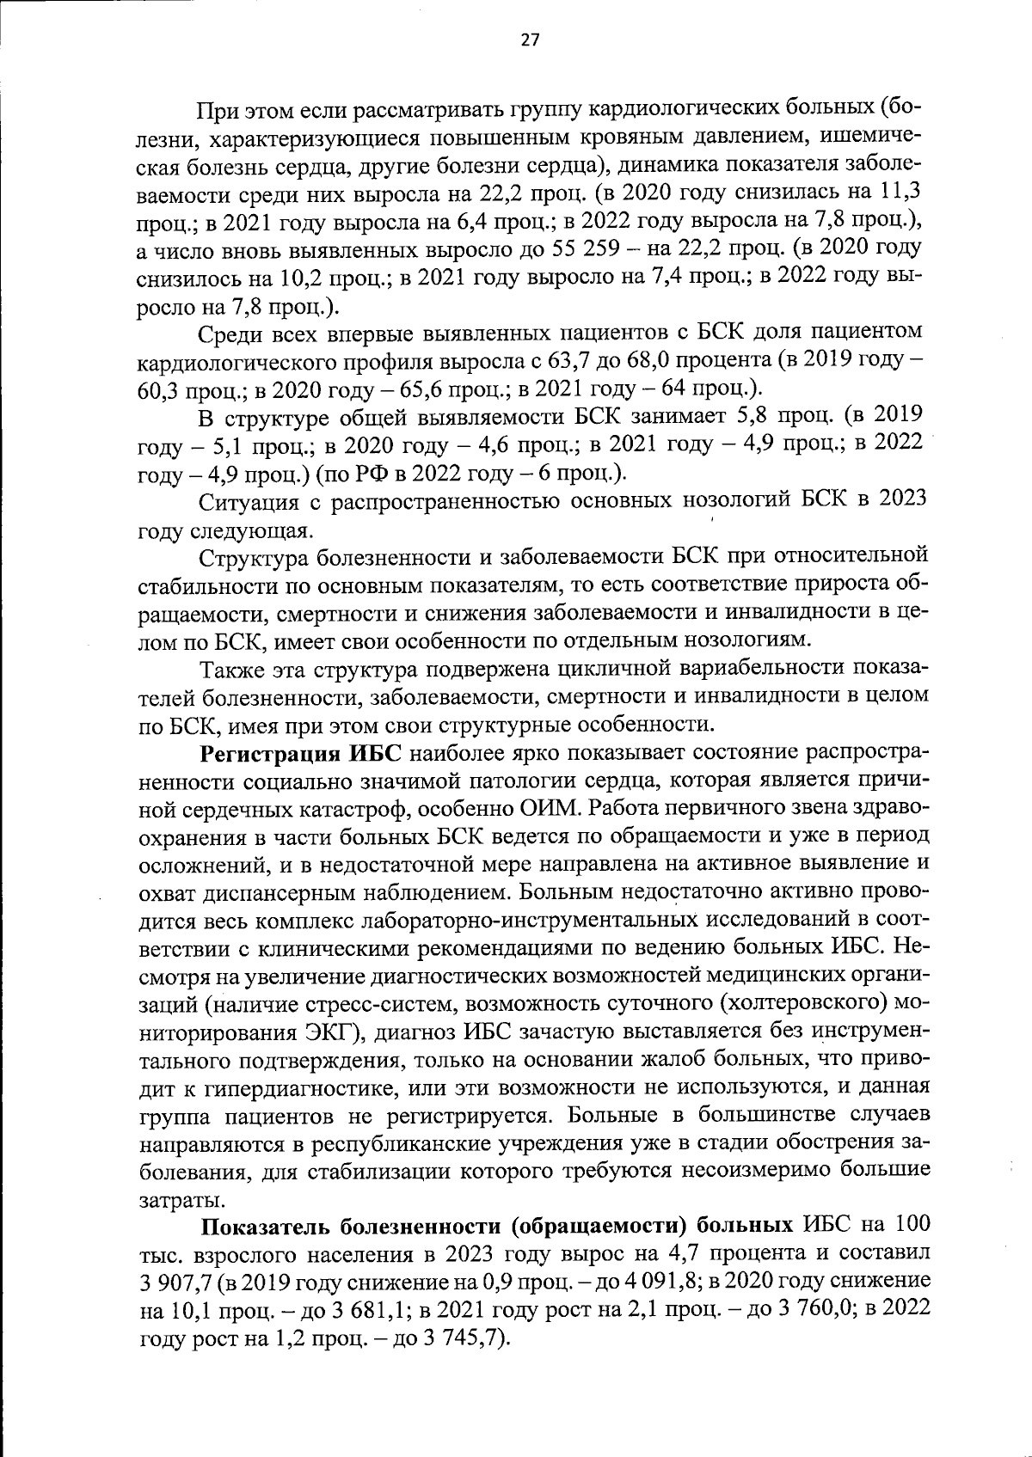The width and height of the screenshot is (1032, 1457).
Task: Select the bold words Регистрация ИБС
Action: coord(302,755)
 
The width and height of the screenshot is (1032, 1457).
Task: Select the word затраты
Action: coord(171,1201)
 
